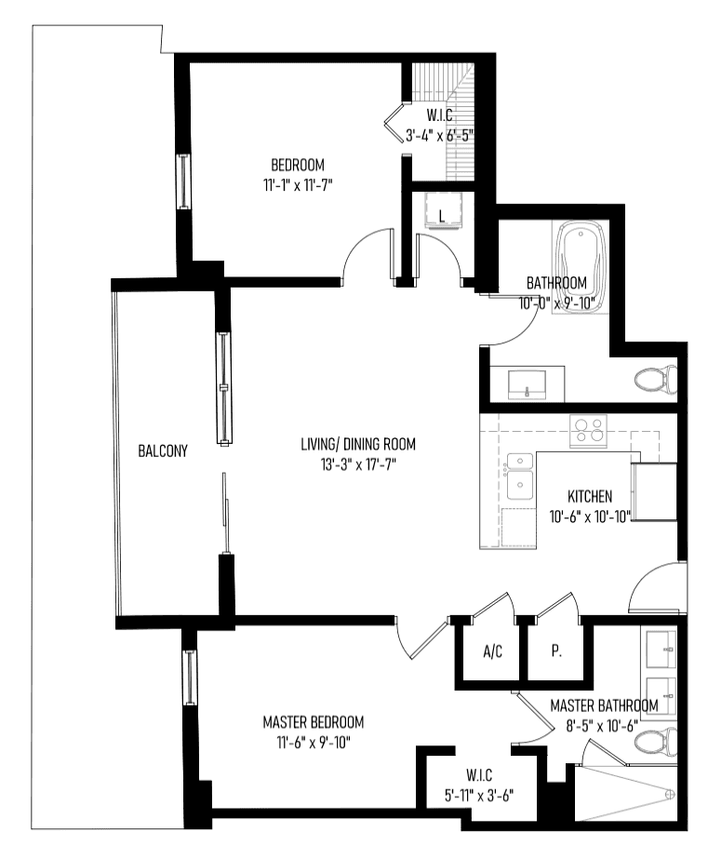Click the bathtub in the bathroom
pyautogui.click(x=581, y=266)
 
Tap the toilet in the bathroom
pyautogui.click(x=656, y=380)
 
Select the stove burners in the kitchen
pyautogui.click(x=588, y=430)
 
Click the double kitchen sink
pyautogui.click(x=520, y=477)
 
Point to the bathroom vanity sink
pyautogui.click(x=527, y=384)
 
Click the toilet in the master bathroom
pyautogui.click(x=656, y=743)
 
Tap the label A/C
pyautogui.click(x=493, y=651)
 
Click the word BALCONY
pyautogui.click(x=163, y=450)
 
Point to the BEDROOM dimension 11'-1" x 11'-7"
pyautogui.click(x=298, y=185)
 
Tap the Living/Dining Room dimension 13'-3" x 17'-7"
pyautogui.click(x=358, y=464)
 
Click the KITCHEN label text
pyautogui.click(x=590, y=496)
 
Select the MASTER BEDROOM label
pyautogui.click(x=314, y=722)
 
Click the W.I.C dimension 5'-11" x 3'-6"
pyautogui.click(x=479, y=796)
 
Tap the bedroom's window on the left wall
pyautogui.click(x=184, y=181)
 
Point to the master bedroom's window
pyautogui.click(x=189, y=677)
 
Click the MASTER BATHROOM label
pyautogui.click(x=604, y=705)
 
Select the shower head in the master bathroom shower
pyautogui.click(x=670, y=795)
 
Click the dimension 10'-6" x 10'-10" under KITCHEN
pyautogui.click(x=590, y=517)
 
